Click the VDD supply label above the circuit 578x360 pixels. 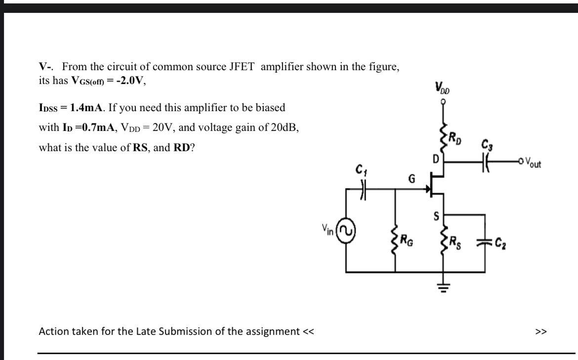443,89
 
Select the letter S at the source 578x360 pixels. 436,216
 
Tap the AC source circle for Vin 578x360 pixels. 347,231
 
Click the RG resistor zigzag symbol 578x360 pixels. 395,241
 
